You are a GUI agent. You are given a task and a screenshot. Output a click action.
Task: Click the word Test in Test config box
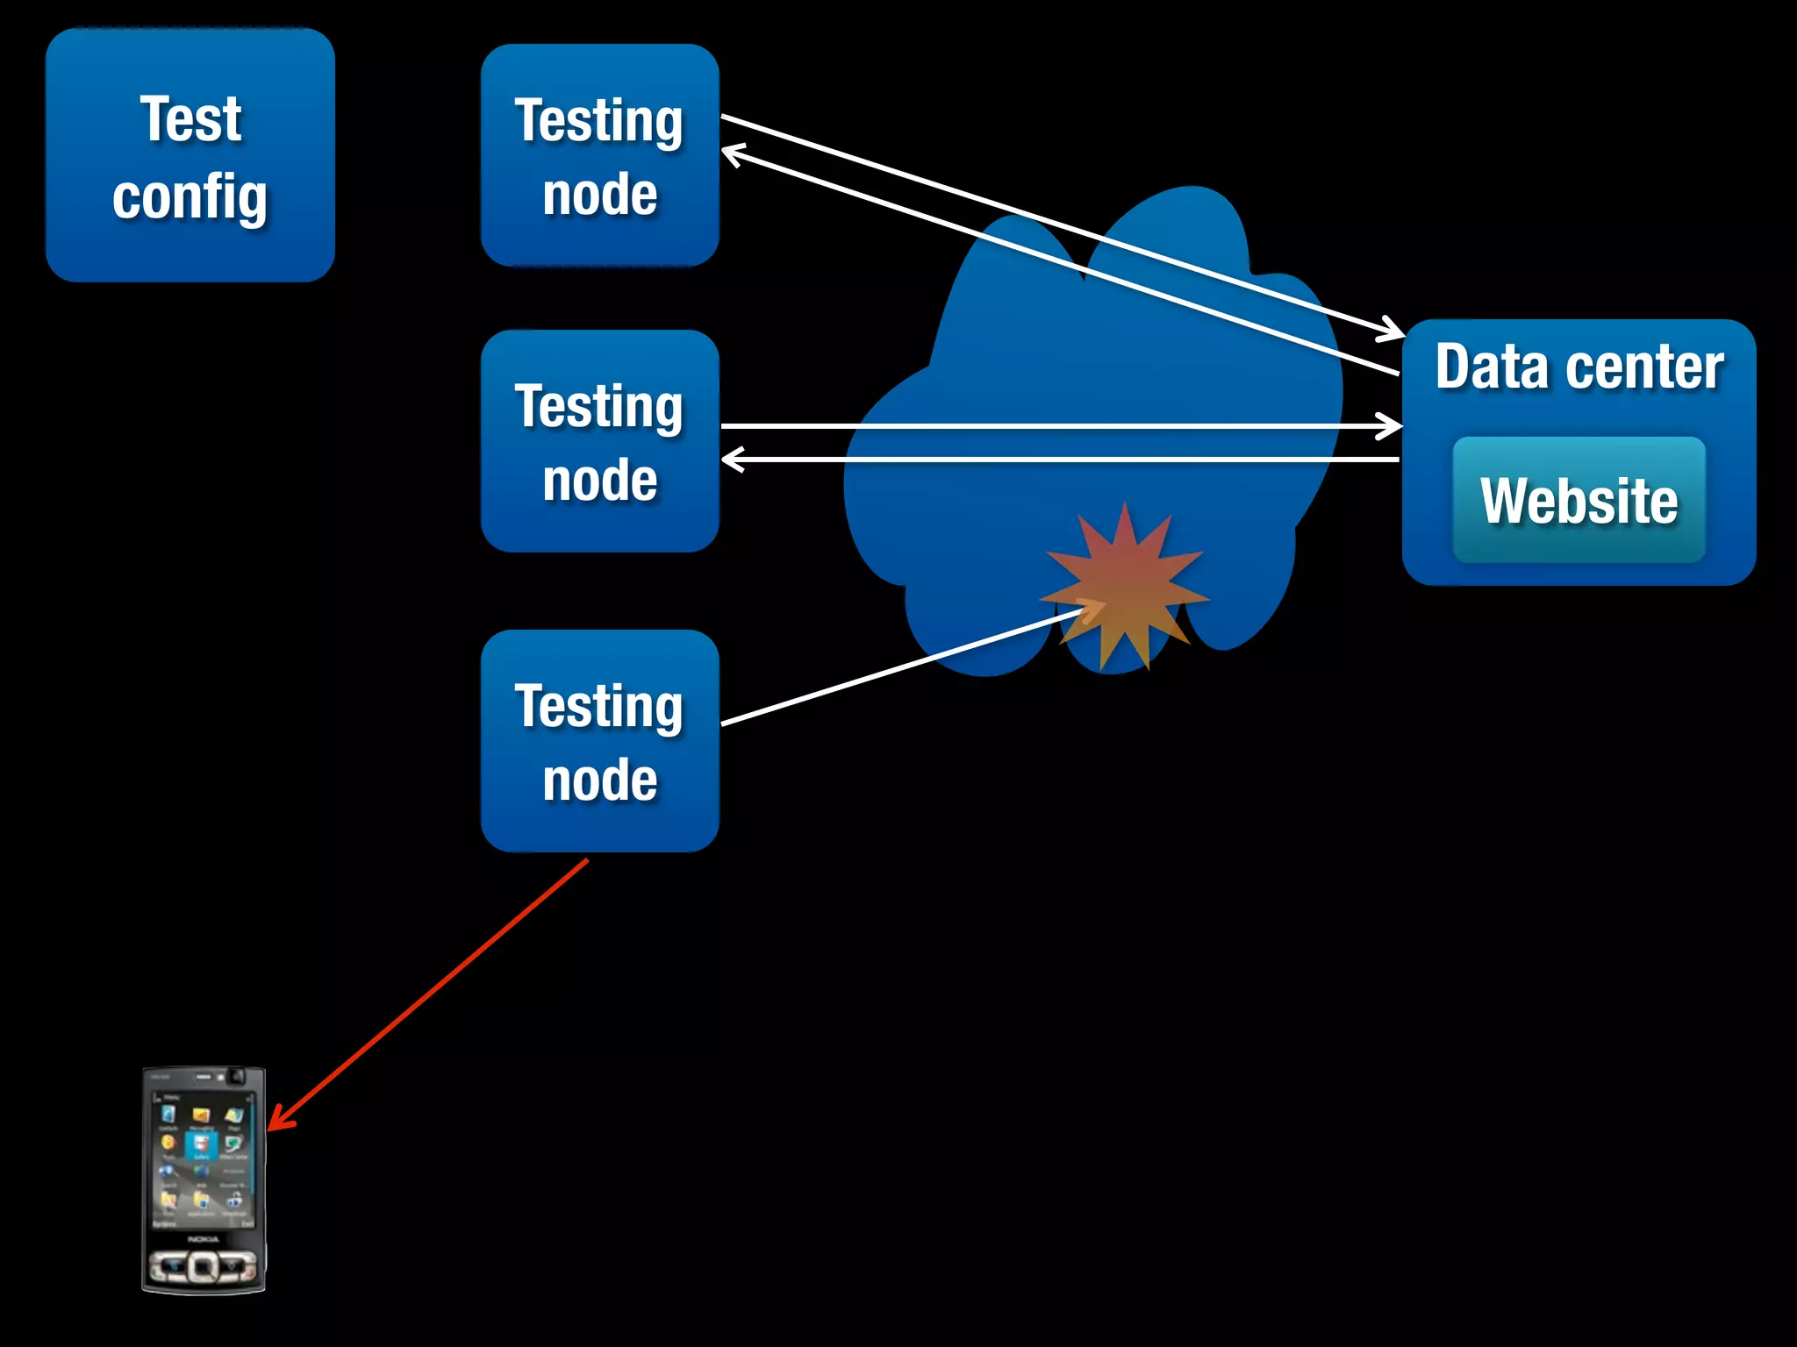[x=190, y=119]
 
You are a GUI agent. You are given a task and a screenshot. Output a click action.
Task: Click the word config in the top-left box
[x=190, y=197]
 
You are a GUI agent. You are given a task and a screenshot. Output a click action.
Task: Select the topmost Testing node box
[x=600, y=155]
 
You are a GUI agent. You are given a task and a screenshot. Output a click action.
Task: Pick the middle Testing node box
[x=600, y=441]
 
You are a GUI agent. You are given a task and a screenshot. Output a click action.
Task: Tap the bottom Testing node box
[x=600, y=741]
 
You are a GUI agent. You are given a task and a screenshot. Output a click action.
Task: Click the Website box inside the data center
[x=1579, y=500]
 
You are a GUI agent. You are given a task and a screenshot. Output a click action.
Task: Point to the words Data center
[x=1579, y=367]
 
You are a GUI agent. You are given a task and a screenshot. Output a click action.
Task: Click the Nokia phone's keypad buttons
[x=203, y=1265]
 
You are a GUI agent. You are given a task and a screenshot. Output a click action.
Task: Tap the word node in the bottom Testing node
[x=600, y=780]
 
